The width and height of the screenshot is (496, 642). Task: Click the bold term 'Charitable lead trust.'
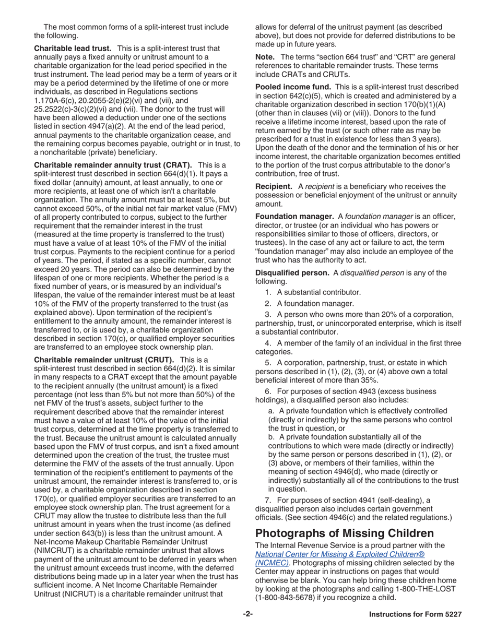tap(72, 48)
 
